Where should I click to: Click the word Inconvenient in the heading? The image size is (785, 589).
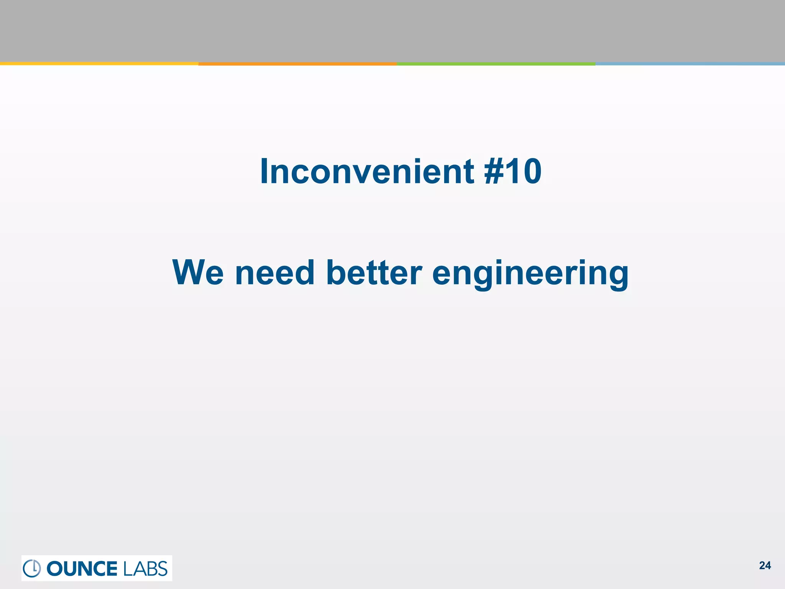[x=367, y=171]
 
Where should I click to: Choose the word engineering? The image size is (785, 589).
[x=530, y=273]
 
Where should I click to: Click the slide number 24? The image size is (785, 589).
[x=765, y=566]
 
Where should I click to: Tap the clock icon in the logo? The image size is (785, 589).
[x=32, y=568]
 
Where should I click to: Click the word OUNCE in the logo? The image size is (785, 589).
[x=82, y=568]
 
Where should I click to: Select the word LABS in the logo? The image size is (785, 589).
[x=146, y=568]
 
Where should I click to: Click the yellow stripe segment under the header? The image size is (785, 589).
[x=99, y=64]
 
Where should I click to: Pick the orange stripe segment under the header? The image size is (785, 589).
[x=297, y=64]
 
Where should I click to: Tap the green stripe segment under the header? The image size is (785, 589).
[x=496, y=64]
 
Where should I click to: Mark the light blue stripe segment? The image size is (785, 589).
[x=690, y=64]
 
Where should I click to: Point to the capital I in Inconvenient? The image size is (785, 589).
[x=264, y=171]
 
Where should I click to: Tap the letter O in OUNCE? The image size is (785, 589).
[x=56, y=568]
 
